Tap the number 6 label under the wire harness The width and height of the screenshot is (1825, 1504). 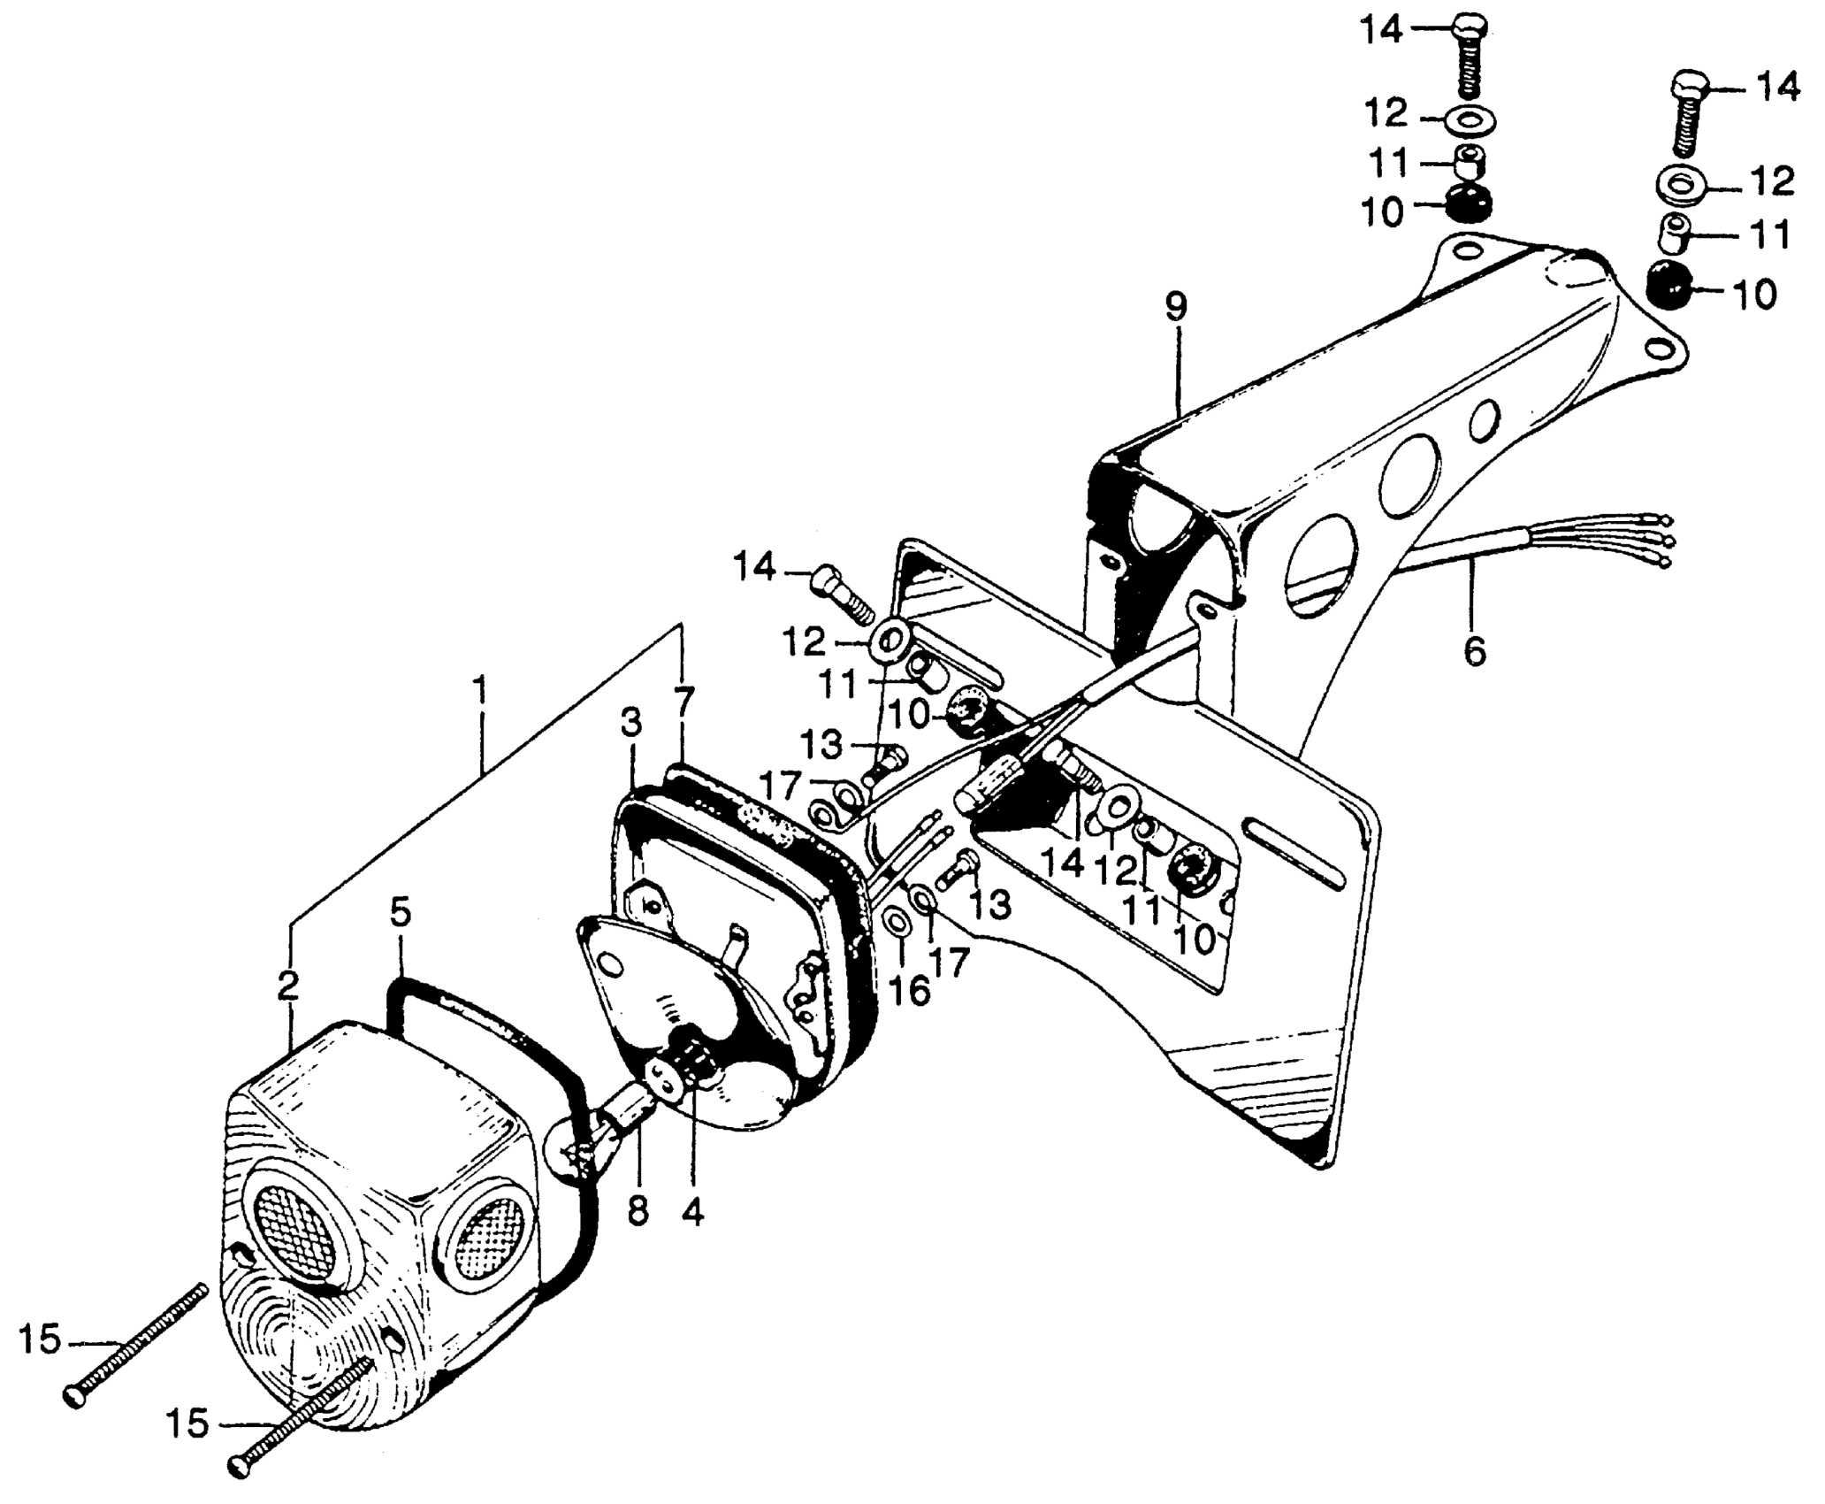(x=1474, y=651)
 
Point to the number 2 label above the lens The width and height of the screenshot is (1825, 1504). (x=288, y=986)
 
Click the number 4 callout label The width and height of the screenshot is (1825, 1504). (x=694, y=1213)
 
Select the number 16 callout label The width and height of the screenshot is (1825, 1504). (x=909, y=992)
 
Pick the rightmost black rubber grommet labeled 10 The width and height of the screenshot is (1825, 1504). (x=1668, y=284)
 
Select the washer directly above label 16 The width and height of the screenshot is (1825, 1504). (x=897, y=924)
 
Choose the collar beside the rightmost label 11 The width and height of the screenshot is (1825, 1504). (x=1673, y=232)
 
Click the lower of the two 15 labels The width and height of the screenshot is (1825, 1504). (x=187, y=1449)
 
